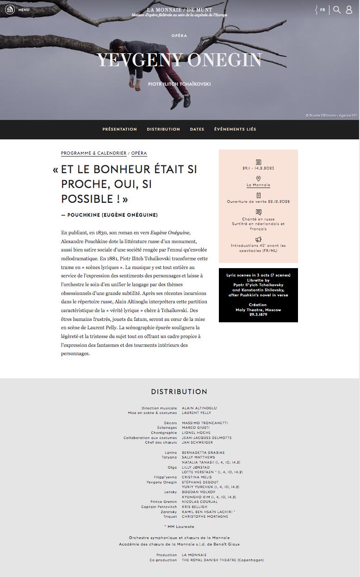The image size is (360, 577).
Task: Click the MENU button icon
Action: (x=10, y=9)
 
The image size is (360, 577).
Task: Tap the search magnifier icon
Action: (x=337, y=10)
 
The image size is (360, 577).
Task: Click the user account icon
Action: (x=349, y=10)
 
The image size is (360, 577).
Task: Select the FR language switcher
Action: (x=322, y=10)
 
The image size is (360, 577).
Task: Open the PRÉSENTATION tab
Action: (x=119, y=129)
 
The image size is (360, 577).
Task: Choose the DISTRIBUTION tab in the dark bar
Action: (x=163, y=129)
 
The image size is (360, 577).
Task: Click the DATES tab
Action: (x=197, y=129)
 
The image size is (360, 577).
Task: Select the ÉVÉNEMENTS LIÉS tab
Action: (x=235, y=129)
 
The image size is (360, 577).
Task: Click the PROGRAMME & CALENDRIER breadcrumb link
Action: (x=93, y=153)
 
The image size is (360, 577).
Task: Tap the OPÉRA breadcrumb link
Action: (x=139, y=153)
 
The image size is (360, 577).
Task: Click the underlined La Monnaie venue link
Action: (x=258, y=185)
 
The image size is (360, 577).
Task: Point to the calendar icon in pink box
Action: (x=258, y=162)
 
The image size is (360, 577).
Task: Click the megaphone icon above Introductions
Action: (x=258, y=239)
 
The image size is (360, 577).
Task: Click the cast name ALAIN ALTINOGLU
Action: (x=199, y=408)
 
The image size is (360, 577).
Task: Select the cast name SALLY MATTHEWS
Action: (x=198, y=457)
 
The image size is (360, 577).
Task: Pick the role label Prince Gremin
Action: (x=163, y=502)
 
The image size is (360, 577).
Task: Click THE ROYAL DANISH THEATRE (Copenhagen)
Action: (x=223, y=560)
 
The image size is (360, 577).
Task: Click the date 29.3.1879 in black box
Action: (x=258, y=314)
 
